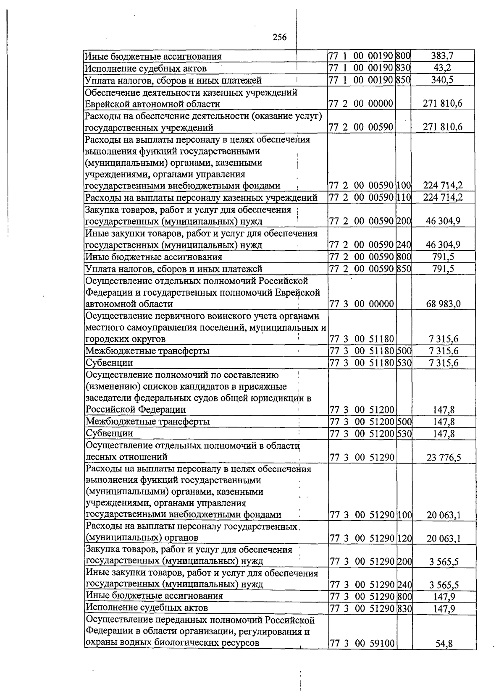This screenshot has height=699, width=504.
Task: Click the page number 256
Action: pyautogui.click(x=280, y=37)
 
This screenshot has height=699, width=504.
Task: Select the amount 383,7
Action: pyautogui.click(x=442, y=56)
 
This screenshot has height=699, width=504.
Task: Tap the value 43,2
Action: pyautogui.click(x=442, y=68)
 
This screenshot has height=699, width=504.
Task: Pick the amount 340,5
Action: pyautogui.click(x=442, y=80)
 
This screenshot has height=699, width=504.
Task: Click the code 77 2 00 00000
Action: pyautogui.click(x=361, y=104)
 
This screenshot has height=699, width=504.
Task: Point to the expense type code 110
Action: pyautogui.click(x=403, y=197)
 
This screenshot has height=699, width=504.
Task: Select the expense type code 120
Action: pyautogui.click(x=404, y=538)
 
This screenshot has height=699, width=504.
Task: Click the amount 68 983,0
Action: pyautogui.click(x=443, y=304)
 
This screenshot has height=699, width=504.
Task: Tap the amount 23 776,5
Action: pyautogui.click(x=444, y=457)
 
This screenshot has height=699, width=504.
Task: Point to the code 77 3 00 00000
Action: pyautogui.click(x=361, y=304)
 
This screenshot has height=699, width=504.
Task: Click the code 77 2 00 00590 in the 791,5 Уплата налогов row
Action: pyautogui.click(x=361, y=269)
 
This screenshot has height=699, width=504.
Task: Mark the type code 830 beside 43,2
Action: pyautogui.click(x=403, y=68)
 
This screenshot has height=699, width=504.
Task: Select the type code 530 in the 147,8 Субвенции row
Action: pyautogui.click(x=404, y=433)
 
